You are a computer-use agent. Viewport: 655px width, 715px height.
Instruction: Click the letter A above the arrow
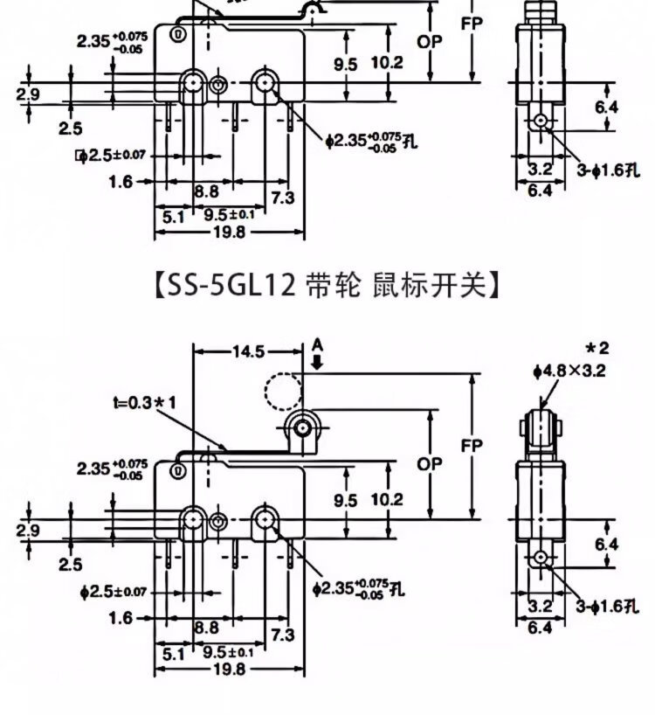click(x=318, y=346)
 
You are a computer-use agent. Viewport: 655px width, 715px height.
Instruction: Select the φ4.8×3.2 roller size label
click(x=569, y=370)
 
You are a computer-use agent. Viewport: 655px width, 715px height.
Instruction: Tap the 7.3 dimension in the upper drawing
click(x=282, y=198)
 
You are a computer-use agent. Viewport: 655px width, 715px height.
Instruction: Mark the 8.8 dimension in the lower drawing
click(x=206, y=627)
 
